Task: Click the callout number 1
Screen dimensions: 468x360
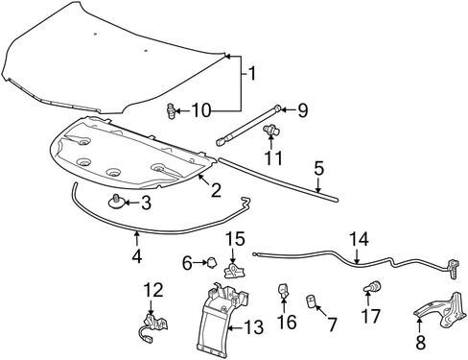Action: [252, 74]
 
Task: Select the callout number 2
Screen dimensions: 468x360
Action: [216, 190]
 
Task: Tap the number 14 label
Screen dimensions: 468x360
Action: [359, 239]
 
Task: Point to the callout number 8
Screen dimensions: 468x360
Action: [421, 342]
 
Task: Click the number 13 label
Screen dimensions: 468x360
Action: [254, 327]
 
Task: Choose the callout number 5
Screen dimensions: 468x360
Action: [318, 169]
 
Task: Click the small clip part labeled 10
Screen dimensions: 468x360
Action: [172, 110]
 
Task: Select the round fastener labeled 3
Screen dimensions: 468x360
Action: [116, 202]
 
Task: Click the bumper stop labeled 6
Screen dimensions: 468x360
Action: [211, 262]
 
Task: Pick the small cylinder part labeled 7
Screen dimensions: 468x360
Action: [311, 301]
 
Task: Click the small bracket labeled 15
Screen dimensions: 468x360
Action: [236, 272]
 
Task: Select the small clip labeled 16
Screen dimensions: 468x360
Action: [283, 292]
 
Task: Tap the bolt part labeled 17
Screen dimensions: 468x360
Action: [372, 286]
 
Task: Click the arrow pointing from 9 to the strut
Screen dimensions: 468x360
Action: [287, 109]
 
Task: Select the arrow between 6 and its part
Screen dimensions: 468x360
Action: [200, 263]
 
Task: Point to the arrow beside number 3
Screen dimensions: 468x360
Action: [131, 203]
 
